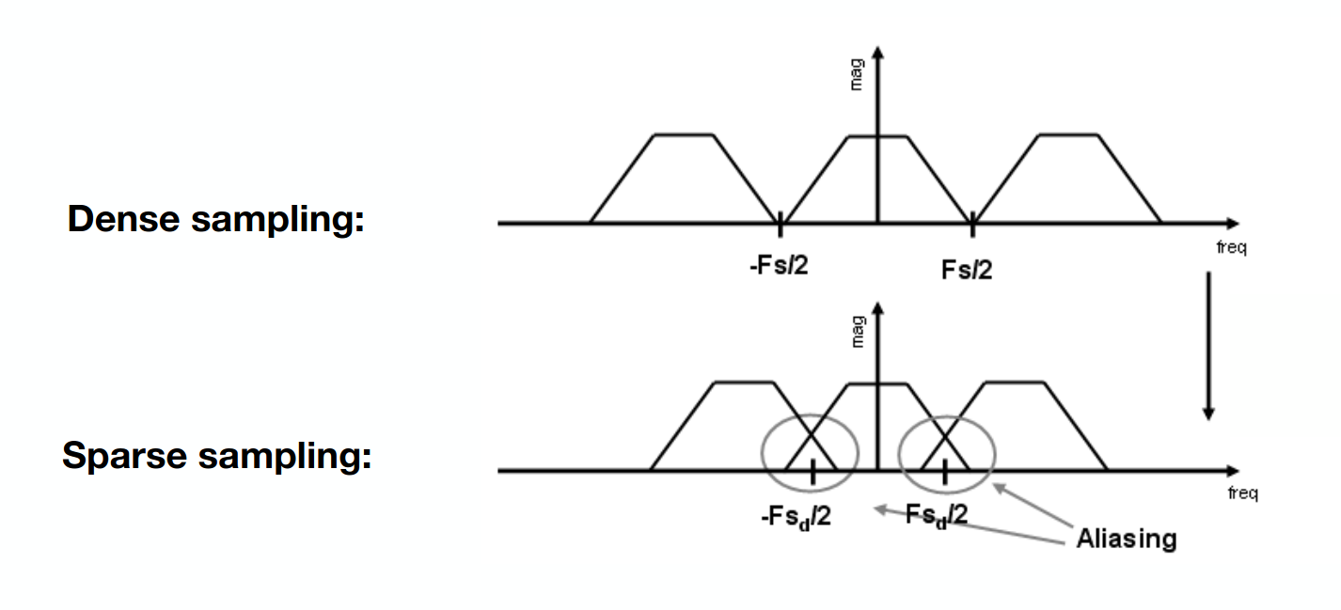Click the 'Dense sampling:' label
click(x=215, y=220)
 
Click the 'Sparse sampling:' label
click(x=216, y=456)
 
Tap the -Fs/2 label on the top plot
click(x=779, y=265)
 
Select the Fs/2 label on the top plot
click(x=967, y=270)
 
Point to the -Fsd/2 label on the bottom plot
click(x=797, y=517)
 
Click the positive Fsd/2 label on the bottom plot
click(x=937, y=515)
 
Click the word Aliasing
click(x=1127, y=539)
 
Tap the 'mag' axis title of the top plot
click(x=857, y=75)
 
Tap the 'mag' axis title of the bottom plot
click(x=858, y=332)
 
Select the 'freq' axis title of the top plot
click(x=1232, y=247)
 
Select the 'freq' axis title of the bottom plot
click(x=1243, y=493)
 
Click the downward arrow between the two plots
click(x=1208, y=346)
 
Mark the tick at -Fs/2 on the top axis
click(x=780, y=225)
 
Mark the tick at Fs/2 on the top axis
click(x=972, y=225)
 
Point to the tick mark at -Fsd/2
click(x=812, y=472)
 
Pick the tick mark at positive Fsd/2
click(x=945, y=472)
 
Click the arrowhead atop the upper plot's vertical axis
click(x=877, y=53)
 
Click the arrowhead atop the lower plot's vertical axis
click(x=877, y=308)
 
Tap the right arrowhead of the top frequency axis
click(x=1233, y=224)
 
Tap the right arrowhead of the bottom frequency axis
click(x=1233, y=471)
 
